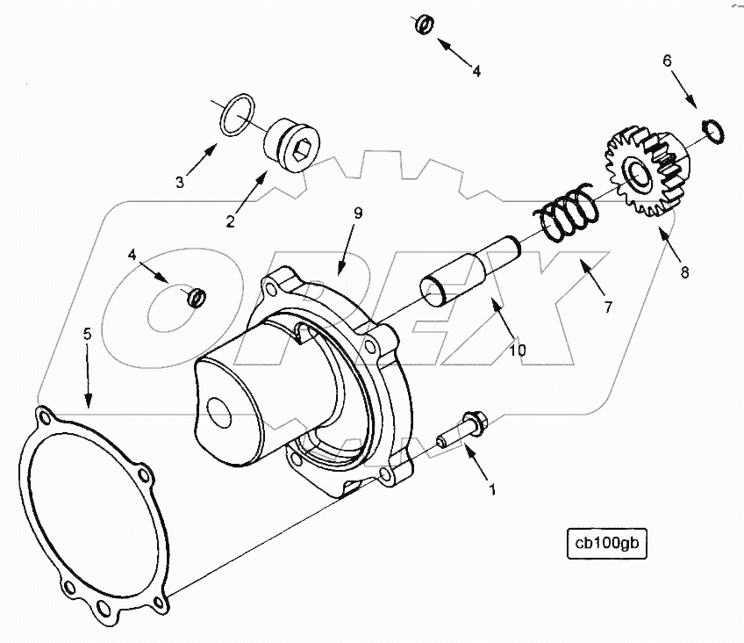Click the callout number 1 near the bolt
[492, 489]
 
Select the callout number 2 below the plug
[230, 221]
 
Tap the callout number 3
[179, 182]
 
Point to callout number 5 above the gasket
[87, 334]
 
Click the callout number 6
[667, 61]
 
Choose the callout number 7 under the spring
[607, 307]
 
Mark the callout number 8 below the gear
[684, 272]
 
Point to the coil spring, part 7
[566, 213]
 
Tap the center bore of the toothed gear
[637, 173]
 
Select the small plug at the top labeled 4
[423, 25]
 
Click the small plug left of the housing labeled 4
[197, 298]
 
